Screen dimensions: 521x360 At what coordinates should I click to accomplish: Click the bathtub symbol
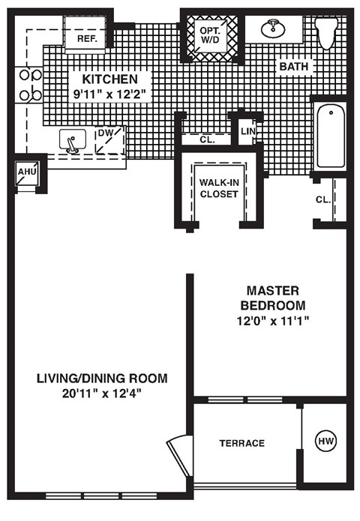coord(330,136)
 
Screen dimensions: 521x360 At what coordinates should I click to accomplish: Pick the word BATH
coord(293,67)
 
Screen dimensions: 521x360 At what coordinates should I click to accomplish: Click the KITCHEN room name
coord(109,79)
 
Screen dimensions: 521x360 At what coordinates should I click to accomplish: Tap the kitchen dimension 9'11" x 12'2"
coord(109,94)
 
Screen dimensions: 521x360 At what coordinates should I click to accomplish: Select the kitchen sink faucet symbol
coord(71,141)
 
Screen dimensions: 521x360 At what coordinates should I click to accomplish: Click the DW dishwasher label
coord(105,133)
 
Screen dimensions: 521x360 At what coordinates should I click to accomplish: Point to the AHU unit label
coord(26,172)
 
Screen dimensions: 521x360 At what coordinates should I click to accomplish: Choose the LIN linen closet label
coord(247,132)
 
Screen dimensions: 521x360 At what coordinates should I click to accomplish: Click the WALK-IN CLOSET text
coord(219,187)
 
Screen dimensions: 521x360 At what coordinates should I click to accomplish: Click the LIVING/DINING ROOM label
coord(102,378)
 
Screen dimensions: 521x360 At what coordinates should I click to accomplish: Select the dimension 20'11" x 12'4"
coord(102,394)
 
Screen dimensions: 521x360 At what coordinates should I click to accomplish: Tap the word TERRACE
coord(241,443)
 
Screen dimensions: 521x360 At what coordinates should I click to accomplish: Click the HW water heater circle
coord(325,442)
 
